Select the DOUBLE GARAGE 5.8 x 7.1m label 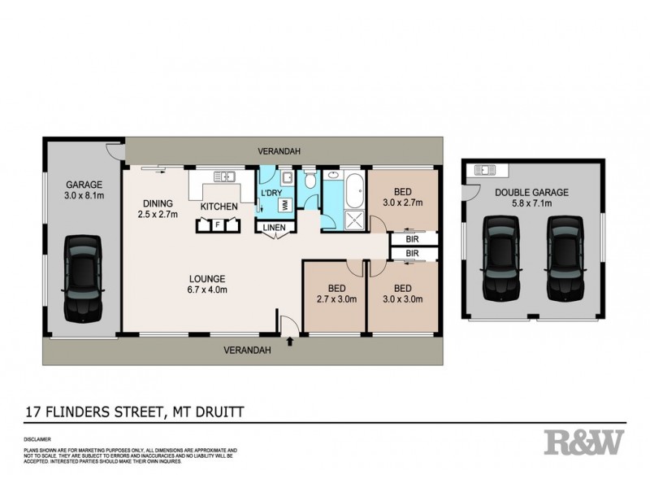[531, 198]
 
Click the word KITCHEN [219, 207]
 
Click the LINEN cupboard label [274, 227]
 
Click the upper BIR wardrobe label [412, 239]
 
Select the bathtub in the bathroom [356, 189]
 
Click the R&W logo [584, 442]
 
